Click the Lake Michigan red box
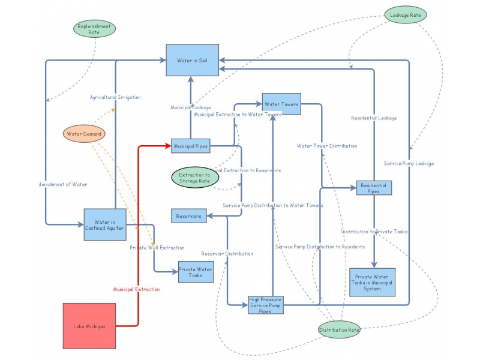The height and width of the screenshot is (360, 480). pyautogui.click(x=89, y=326)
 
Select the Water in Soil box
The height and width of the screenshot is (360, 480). pyautogui.click(x=192, y=60)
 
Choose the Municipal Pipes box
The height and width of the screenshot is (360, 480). pyautogui.click(x=190, y=145)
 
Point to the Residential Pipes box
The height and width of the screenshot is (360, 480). pyautogui.click(x=374, y=188)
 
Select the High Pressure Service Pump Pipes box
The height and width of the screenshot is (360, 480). pyautogui.click(x=265, y=305)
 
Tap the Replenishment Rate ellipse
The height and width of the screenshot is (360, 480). pyautogui.click(x=94, y=29)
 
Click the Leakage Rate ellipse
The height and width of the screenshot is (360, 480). pyautogui.click(x=406, y=15)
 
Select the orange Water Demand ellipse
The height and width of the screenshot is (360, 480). pyautogui.click(x=84, y=134)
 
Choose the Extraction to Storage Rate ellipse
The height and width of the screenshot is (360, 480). pyautogui.click(x=195, y=177)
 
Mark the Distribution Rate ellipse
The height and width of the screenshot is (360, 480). pyautogui.click(x=340, y=329)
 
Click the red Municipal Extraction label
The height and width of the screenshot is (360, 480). pyautogui.click(x=137, y=289)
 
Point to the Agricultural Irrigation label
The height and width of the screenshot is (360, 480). pyautogui.click(x=116, y=97)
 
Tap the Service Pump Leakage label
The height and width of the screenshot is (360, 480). pyautogui.click(x=409, y=163)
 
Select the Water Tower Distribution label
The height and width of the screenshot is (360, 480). pyautogui.click(x=327, y=146)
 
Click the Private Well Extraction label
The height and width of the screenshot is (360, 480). pyautogui.click(x=157, y=247)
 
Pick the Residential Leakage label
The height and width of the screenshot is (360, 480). pyautogui.click(x=374, y=118)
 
